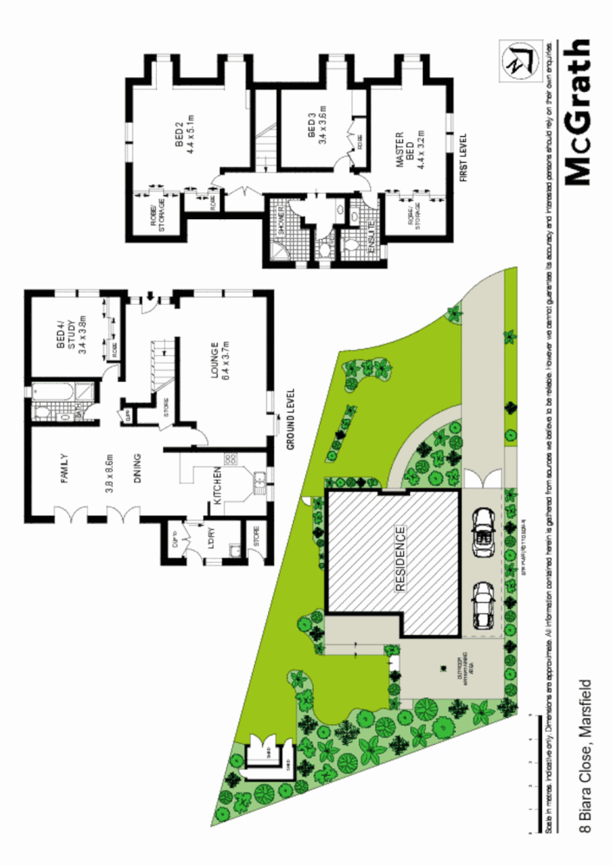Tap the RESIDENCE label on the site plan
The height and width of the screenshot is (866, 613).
(401, 557)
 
